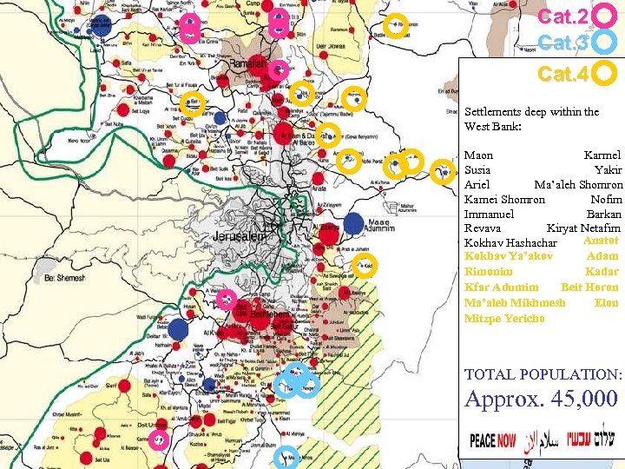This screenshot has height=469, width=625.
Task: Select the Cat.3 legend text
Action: [x=563, y=43]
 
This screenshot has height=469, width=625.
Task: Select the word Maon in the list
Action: [x=478, y=155]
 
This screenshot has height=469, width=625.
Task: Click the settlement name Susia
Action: [x=479, y=169]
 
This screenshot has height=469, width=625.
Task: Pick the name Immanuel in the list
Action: [x=489, y=214]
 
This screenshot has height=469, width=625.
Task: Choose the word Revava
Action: [x=482, y=228]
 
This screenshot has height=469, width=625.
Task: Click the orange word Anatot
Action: [x=601, y=241]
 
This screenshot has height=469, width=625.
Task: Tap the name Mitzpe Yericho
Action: [x=505, y=318]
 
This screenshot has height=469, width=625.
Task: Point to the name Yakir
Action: [x=609, y=169]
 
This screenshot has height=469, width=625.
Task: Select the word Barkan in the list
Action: [x=604, y=214]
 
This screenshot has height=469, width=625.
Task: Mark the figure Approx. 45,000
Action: [x=542, y=400]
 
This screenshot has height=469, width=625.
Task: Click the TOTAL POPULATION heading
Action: [x=544, y=374]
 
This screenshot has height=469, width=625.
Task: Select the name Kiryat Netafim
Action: [x=583, y=228]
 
